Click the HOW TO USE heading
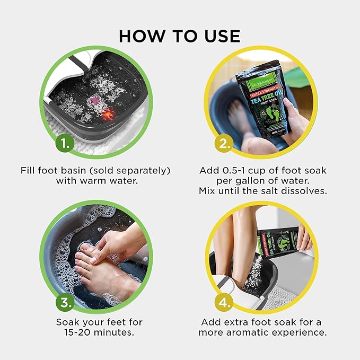(x=180, y=36)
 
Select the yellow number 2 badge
(x=223, y=143)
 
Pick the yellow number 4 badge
(x=223, y=303)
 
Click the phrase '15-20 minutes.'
(x=100, y=333)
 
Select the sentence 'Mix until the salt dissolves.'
(x=263, y=190)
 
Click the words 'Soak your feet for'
(x=100, y=322)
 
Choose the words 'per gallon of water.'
(x=263, y=180)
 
